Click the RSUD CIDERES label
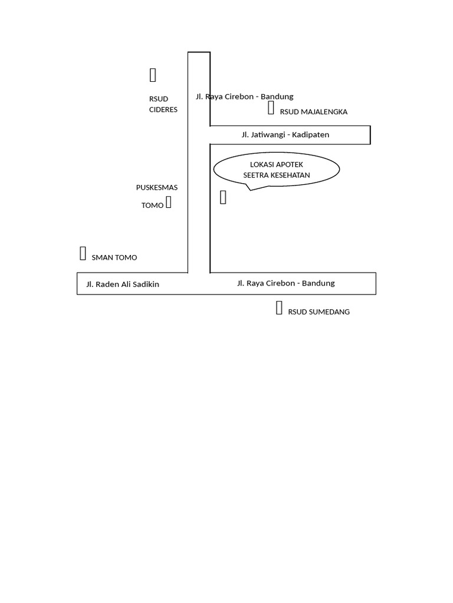point(163,104)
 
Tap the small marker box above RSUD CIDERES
point(153,75)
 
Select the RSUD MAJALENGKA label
point(313,112)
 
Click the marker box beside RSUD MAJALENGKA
point(271,107)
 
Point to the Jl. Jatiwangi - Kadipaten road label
point(285,135)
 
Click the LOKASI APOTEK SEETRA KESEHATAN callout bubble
point(276,170)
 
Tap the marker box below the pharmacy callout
point(223,197)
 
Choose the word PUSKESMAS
point(157,188)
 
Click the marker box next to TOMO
point(169,203)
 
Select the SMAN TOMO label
point(114,257)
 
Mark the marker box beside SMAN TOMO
point(83,253)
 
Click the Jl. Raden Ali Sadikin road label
point(123,284)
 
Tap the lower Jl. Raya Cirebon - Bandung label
point(285,283)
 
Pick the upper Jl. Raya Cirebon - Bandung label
point(244,97)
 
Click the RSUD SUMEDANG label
point(319,312)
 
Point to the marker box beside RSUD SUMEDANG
point(279,307)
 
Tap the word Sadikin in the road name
point(145,284)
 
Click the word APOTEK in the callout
point(289,164)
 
